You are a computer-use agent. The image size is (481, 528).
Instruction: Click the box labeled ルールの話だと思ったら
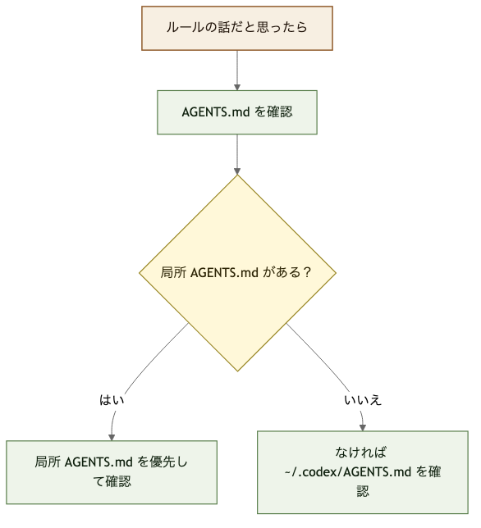pos(236,28)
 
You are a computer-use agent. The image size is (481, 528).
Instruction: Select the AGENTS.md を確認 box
pos(236,112)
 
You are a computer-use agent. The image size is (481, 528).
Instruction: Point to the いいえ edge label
pos(363,400)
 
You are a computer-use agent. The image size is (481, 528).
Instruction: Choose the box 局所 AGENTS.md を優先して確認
pos(112,471)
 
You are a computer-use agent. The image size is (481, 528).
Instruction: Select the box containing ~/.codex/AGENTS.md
pos(363,471)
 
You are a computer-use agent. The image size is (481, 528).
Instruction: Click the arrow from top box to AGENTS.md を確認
pos(236,70)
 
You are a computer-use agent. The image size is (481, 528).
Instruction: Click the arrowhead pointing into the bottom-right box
pos(363,426)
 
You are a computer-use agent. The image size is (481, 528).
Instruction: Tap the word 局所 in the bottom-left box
pos(48,462)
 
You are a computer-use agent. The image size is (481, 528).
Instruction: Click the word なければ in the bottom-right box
pos(361,453)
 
